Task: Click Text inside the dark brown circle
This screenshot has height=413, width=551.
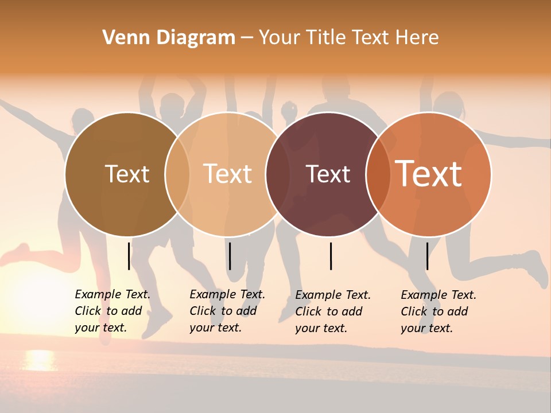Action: coord(127,174)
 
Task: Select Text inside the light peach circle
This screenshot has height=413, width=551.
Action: coord(228,174)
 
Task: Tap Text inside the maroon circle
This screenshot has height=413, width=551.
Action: coord(328,174)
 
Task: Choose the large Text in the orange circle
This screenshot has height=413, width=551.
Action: coord(429,174)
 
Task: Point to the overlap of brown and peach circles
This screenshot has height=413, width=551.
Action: coord(177,174)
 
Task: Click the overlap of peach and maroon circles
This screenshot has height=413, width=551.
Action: coord(278,174)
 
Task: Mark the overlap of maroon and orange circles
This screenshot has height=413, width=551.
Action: coord(378,174)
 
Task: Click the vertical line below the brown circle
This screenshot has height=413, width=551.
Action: coord(129,256)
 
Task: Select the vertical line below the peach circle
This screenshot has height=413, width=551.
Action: coord(230,256)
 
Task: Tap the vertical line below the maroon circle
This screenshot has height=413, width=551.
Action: coord(331,256)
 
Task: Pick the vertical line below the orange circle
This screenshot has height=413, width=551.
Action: coord(427,256)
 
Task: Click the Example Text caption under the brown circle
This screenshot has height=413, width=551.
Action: coord(112,311)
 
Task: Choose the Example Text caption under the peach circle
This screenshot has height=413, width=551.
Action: coord(227,311)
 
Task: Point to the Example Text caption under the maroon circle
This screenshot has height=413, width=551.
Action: coord(332,311)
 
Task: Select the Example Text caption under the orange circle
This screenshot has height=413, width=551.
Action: coord(438,311)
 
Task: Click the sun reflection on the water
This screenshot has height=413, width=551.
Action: coord(39,360)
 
